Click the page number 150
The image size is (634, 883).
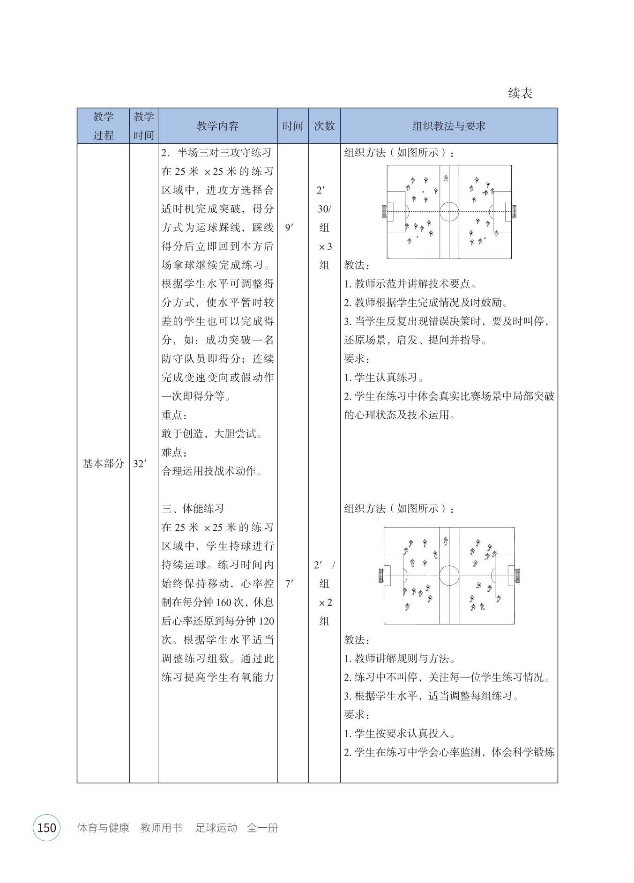pyautogui.click(x=46, y=828)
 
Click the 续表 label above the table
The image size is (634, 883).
pyautogui.click(x=520, y=93)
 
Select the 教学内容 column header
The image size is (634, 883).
pyautogui.click(x=217, y=126)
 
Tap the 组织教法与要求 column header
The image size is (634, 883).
pyautogui.click(x=448, y=126)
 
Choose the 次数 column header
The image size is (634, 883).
pyautogui.click(x=324, y=126)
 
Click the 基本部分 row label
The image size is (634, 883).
pyautogui.click(x=103, y=463)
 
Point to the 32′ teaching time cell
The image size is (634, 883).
pyautogui.click(x=140, y=464)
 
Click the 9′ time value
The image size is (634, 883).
pyautogui.click(x=290, y=228)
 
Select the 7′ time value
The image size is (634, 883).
pyautogui.click(x=290, y=584)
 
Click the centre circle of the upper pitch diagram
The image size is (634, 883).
pyautogui.click(x=449, y=211)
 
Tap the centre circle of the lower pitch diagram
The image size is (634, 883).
pyautogui.click(x=449, y=575)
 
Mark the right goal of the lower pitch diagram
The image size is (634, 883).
pyautogui.click(x=516, y=575)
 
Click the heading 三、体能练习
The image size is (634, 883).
pyautogui.click(x=193, y=509)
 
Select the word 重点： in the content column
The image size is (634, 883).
pyautogui.click(x=175, y=415)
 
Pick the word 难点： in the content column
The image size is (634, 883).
pyautogui.click(x=175, y=453)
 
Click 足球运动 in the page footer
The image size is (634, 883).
pyautogui.click(x=216, y=828)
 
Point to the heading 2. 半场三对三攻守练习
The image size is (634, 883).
pyautogui.click(x=216, y=153)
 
